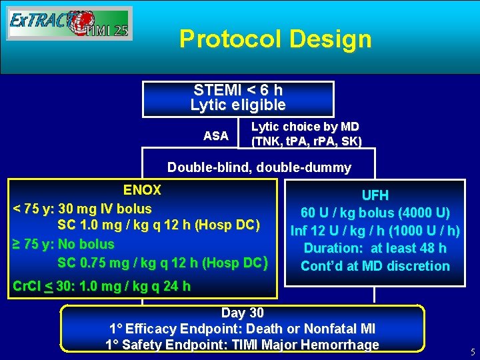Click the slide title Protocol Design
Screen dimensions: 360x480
pyautogui.click(x=275, y=39)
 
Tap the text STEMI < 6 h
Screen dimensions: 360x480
pyautogui.click(x=238, y=90)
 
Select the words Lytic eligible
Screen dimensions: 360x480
pyautogui.click(x=238, y=105)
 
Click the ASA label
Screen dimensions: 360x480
pyautogui.click(x=215, y=136)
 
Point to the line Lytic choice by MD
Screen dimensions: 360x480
pyautogui.click(x=305, y=127)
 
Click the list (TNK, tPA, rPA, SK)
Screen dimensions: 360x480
pyautogui.click(x=306, y=141)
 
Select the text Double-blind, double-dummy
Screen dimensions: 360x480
pyautogui.click(x=259, y=167)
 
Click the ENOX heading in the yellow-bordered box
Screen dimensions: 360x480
pyautogui.click(x=142, y=191)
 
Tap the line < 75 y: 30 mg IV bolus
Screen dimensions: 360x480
pyautogui.click(x=83, y=209)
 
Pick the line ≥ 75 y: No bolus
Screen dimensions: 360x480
pyautogui.click(x=64, y=244)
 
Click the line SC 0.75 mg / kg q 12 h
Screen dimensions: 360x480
pyautogui.click(x=163, y=262)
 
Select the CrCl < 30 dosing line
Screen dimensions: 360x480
pyautogui.click(x=102, y=287)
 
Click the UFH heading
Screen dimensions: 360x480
pyautogui.click(x=375, y=196)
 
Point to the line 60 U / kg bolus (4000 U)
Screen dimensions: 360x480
pyautogui.click(x=375, y=213)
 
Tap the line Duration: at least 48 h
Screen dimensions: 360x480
pyautogui.click(x=375, y=248)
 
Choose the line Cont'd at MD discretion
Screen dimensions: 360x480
pyautogui.click(x=375, y=266)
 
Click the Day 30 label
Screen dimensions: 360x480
pyautogui.click(x=243, y=313)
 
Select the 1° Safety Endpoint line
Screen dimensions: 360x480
pyautogui.click(x=242, y=345)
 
